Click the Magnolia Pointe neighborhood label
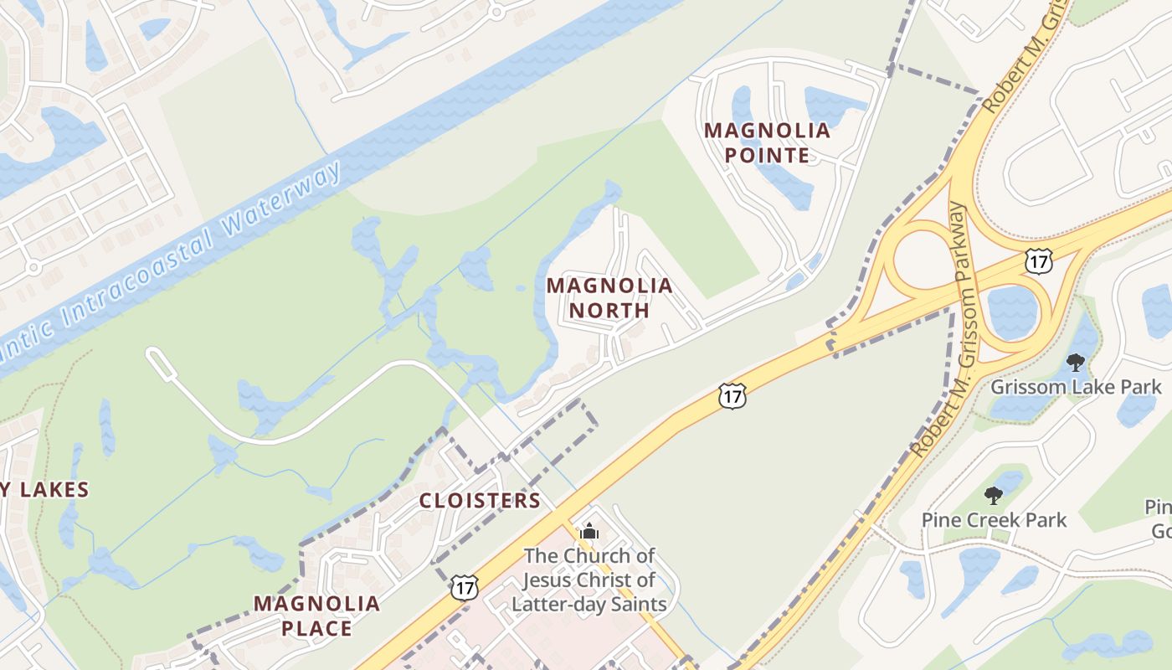pyautogui.click(x=767, y=142)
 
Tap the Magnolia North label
pyautogui.click(x=609, y=297)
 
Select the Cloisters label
pyautogui.click(x=480, y=501)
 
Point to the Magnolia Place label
pyautogui.click(x=316, y=616)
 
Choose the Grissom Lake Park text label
pyautogui.click(x=1076, y=387)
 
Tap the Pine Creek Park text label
pyautogui.click(x=994, y=520)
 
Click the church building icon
pyautogui.click(x=589, y=531)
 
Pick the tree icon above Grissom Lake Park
pyautogui.click(x=1076, y=363)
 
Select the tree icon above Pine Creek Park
pyautogui.click(x=993, y=496)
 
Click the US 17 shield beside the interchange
pyautogui.click(x=1039, y=260)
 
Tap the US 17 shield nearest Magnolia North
pyautogui.click(x=732, y=396)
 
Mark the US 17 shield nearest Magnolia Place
pyautogui.click(x=464, y=587)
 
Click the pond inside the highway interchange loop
pyautogui.click(x=1012, y=311)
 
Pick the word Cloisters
pyautogui.click(x=480, y=501)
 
